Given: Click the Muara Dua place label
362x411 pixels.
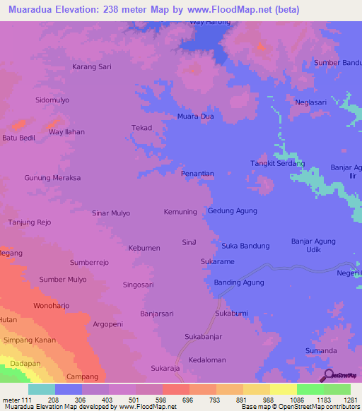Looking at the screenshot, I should coord(196,117).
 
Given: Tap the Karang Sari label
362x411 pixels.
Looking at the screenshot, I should coord(92,67).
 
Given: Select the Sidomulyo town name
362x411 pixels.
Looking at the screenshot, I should coord(52,100).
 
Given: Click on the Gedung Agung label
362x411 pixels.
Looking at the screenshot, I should coord(232,211).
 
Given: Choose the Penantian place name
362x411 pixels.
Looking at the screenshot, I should coord(197,173).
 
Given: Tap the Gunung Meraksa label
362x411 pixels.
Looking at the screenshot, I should coord(52,178).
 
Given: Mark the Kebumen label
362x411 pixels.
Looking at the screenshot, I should coord(144,248).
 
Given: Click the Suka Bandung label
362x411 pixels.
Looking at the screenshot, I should coord(245,246).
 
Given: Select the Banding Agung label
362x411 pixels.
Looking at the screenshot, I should coord(239,282).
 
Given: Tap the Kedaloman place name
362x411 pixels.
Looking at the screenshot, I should coord(206,359).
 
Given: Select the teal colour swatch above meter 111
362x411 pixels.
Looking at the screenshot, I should coord(41,389).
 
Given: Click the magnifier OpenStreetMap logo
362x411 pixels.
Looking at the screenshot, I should coord(329,375).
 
